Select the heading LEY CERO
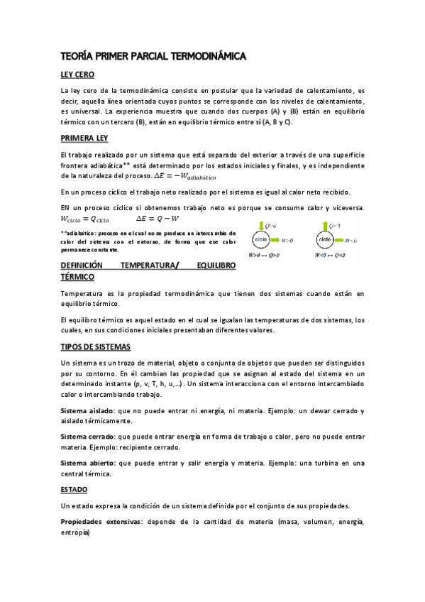point(78,75)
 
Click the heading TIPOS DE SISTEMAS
point(96,347)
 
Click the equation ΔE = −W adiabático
point(188,175)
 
